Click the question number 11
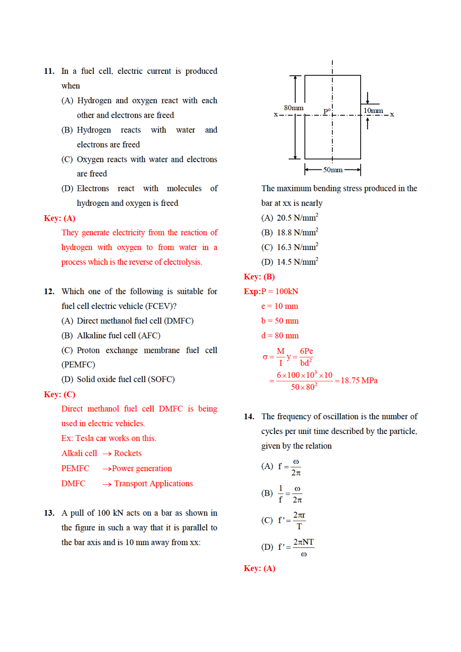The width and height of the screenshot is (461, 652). (x=49, y=71)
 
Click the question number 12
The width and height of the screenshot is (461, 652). (x=49, y=291)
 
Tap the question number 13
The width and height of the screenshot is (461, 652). (x=49, y=513)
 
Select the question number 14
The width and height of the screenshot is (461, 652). (x=249, y=416)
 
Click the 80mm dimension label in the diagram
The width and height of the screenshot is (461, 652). (x=294, y=108)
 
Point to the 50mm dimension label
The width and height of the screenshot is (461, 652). (x=333, y=170)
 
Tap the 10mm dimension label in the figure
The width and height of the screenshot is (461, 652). (x=373, y=111)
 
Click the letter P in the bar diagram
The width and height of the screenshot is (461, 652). (x=326, y=112)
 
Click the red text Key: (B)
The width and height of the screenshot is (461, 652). (x=259, y=277)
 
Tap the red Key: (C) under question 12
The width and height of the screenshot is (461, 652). (x=59, y=395)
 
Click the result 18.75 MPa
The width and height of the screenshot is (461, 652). (x=359, y=381)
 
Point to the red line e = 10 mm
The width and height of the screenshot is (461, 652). (x=279, y=306)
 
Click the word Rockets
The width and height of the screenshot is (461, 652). (x=128, y=453)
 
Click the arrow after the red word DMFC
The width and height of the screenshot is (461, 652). (x=107, y=484)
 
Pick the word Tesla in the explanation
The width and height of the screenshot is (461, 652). (x=85, y=438)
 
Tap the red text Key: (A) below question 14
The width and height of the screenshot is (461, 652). (x=259, y=568)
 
